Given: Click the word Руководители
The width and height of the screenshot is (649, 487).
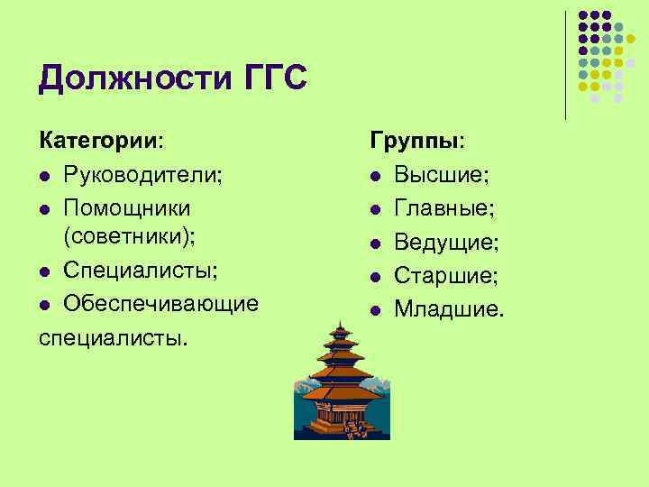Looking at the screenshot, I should (142, 174).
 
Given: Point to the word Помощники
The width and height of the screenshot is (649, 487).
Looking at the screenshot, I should (127, 207).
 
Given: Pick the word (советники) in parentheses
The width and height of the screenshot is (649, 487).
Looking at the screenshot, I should (127, 238).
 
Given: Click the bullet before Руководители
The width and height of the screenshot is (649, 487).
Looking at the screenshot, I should (45, 175).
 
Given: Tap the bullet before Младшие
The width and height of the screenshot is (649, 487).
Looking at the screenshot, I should (376, 310).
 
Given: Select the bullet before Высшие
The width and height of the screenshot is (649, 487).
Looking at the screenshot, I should (376, 175).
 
